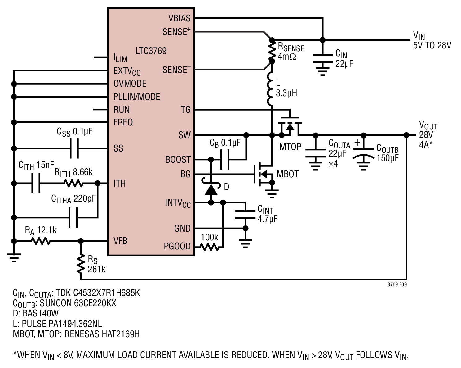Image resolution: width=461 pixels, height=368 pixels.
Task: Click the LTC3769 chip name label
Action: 151,51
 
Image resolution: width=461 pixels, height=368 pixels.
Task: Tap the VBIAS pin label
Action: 179,18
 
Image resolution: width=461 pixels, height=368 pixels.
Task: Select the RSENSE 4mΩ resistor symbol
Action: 272,51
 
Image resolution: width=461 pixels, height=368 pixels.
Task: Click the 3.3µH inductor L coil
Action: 270,89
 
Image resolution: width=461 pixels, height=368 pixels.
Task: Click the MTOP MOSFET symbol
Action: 290,127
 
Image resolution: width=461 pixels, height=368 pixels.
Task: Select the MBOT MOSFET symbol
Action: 263,174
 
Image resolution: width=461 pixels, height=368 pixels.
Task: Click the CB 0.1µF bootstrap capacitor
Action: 225,159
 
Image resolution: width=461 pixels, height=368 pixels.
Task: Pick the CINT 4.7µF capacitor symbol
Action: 245,215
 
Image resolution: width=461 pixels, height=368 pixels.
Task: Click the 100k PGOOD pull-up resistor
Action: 210,247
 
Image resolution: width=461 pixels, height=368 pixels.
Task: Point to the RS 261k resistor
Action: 81,264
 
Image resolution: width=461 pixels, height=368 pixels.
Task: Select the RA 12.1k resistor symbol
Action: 41,241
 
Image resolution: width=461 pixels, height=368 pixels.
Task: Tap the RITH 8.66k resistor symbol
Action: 73,183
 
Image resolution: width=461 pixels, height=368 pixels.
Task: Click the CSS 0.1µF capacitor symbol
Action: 74,148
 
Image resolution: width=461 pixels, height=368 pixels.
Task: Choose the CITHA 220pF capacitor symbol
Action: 73,218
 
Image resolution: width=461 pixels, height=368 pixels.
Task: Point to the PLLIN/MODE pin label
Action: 137,97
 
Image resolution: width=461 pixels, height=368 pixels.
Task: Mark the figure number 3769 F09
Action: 397,284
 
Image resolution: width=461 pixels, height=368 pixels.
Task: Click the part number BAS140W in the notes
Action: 41,313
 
